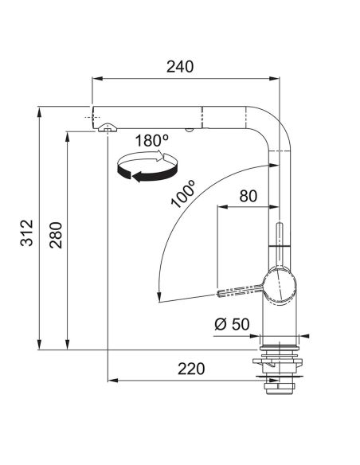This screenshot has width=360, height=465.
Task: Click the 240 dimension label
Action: (180, 67)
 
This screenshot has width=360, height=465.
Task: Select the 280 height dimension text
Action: (56, 235)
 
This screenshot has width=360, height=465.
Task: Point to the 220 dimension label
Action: (191, 369)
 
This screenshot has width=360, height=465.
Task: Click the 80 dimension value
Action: (248, 196)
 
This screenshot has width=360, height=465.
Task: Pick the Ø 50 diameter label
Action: (232, 324)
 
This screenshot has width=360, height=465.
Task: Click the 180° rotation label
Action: (152, 140)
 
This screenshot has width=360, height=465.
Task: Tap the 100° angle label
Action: (184, 193)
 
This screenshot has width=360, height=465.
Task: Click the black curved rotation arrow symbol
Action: (147, 166)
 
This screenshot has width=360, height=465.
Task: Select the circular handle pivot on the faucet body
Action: (280, 286)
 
